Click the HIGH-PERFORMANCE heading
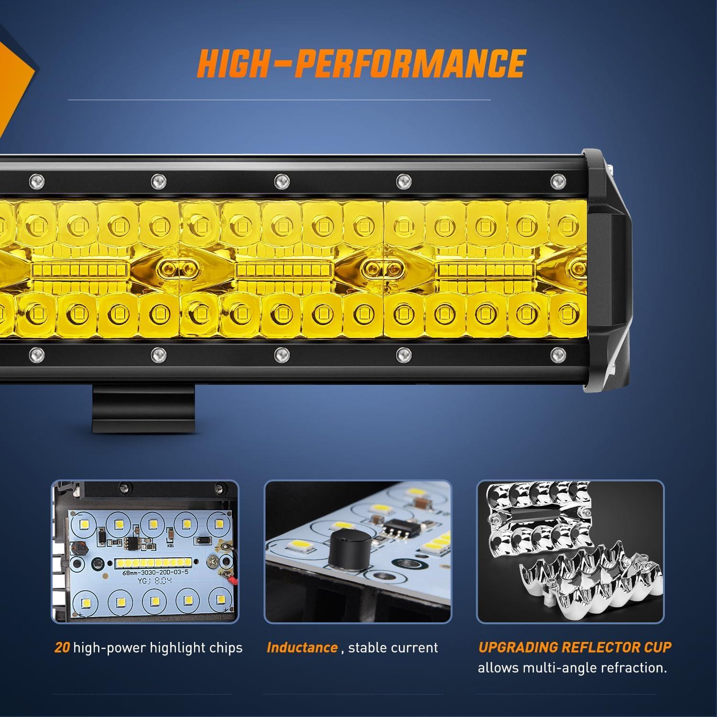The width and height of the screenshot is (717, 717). (x=361, y=63)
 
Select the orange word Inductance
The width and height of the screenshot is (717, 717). (x=302, y=648)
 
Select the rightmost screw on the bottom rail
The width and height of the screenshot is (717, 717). (x=556, y=354)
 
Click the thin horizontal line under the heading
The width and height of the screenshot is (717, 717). (x=279, y=100)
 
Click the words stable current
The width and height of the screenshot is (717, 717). (x=393, y=648)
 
